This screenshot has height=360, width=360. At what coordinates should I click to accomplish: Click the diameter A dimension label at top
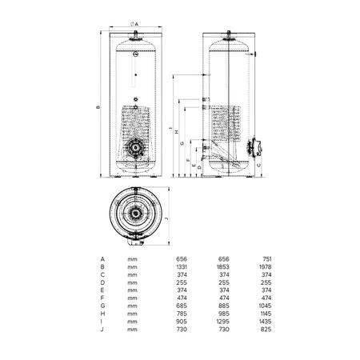coord(134,24)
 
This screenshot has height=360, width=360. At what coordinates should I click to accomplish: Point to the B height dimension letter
coord(98,107)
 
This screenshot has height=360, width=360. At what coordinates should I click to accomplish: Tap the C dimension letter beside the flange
coord(258,166)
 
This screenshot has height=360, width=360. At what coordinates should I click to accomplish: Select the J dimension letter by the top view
coord(166,218)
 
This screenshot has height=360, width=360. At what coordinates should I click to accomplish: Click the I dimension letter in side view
coord(170,128)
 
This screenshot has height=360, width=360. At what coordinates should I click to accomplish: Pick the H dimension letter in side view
coord(176,132)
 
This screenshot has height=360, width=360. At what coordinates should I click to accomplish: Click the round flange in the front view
coord(136,147)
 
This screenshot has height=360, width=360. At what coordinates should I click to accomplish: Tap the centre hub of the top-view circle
coord(135,214)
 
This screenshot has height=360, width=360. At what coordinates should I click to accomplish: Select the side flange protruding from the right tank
coord(254,147)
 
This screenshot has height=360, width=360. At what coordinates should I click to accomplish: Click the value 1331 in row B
coord(182,267)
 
